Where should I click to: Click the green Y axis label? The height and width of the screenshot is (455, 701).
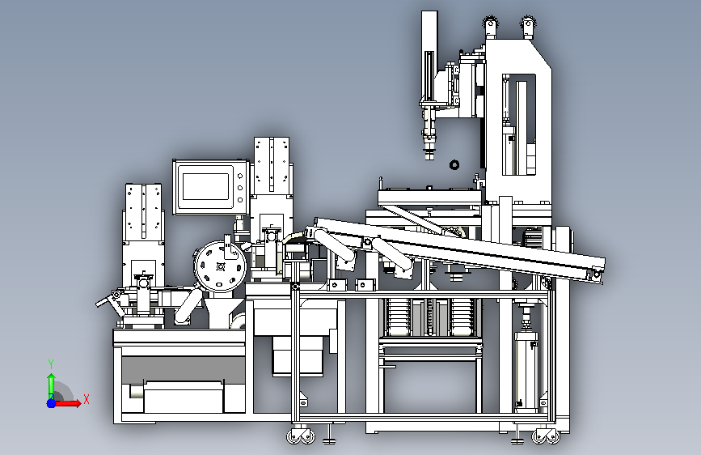51,364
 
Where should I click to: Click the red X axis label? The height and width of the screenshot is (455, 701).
87,399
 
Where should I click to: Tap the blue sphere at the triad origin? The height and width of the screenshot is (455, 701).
52,403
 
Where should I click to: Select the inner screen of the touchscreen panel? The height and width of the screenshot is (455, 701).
205,186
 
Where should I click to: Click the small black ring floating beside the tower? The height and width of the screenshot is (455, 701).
454,165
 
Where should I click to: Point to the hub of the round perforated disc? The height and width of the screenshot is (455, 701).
220,267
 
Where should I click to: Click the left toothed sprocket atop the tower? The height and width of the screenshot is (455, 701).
491,23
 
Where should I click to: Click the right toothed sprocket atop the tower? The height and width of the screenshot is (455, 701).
528,23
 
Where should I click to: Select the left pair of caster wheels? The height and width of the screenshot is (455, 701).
301,436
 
